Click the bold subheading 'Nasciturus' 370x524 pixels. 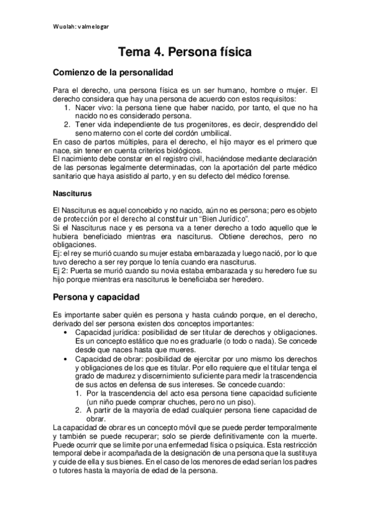click(73, 193)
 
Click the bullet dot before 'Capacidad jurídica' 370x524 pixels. click(67, 332)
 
